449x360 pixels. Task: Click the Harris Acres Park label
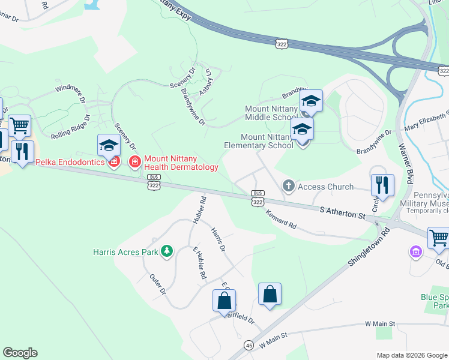click(x=125, y=252)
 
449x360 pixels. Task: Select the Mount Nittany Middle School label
click(x=271, y=112)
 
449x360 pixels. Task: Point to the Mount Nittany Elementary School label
click(x=258, y=141)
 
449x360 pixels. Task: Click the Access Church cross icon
click(x=289, y=186)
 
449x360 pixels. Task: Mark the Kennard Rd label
click(x=281, y=222)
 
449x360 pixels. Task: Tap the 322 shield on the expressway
click(x=282, y=43)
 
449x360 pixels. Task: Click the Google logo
click(x=20, y=353)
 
